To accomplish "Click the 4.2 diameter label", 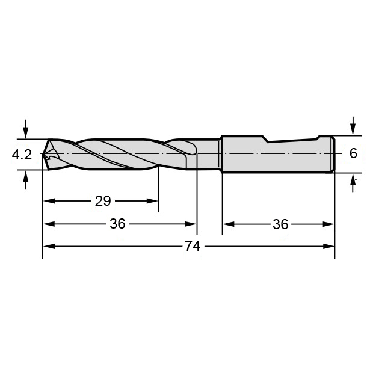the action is [x=22, y=155].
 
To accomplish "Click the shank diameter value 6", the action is [x=353, y=153].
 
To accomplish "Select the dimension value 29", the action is [x=103, y=201].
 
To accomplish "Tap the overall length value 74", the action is [x=193, y=246].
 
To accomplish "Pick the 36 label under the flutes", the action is [x=117, y=224].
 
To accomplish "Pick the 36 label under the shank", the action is [x=280, y=224].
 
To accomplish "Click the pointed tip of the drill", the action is [x=43, y=153].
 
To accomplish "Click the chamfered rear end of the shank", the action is [x=333, y=154].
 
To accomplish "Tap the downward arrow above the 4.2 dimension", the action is [x=26, y=129].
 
